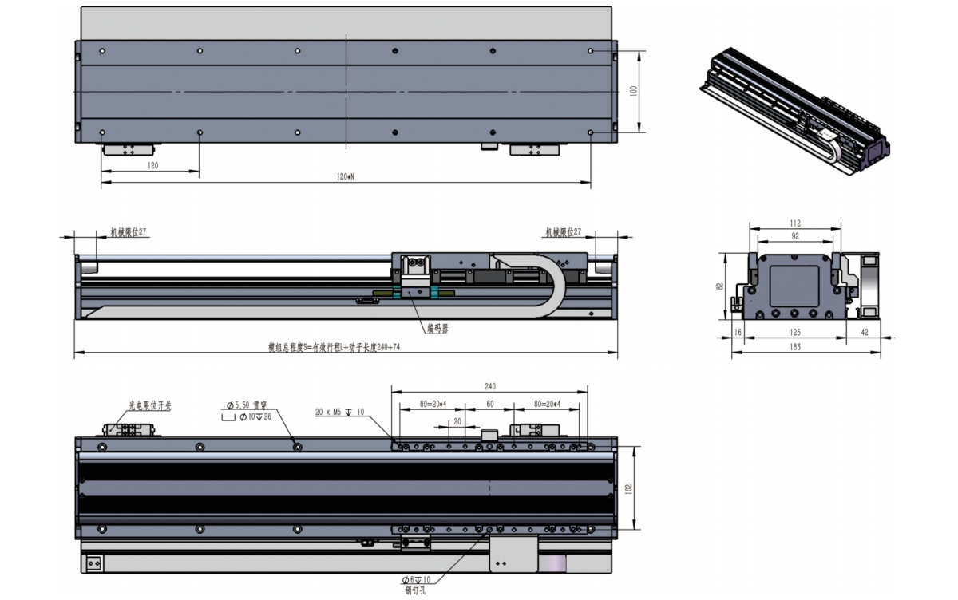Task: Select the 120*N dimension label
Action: [x=345, y=176]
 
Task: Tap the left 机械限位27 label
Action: [x=128, y=232]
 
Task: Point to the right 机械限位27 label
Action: [x=563, y=232]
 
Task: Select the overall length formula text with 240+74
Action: [x=334, y=348]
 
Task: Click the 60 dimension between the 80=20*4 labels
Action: [x=489, y=404]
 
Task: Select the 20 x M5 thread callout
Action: [x=340, y=412]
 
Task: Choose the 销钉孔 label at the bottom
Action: [x=417, y=590]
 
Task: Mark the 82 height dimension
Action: [x=720, y=286]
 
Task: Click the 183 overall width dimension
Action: [x=806, y=347]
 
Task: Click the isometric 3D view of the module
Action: [x=795, y=108]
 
